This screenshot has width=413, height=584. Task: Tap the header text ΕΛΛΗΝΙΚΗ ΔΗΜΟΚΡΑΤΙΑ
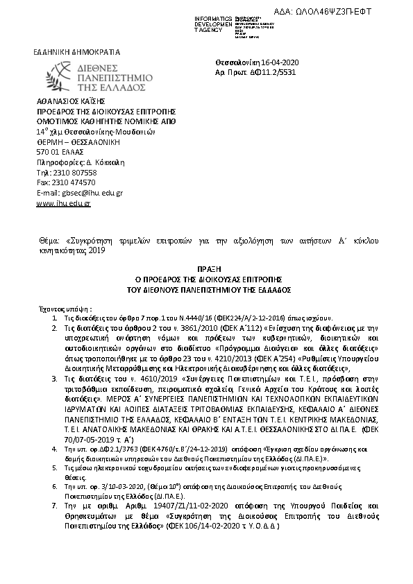coord(77,52)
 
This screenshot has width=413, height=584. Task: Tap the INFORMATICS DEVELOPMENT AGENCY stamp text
coord(212,22)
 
